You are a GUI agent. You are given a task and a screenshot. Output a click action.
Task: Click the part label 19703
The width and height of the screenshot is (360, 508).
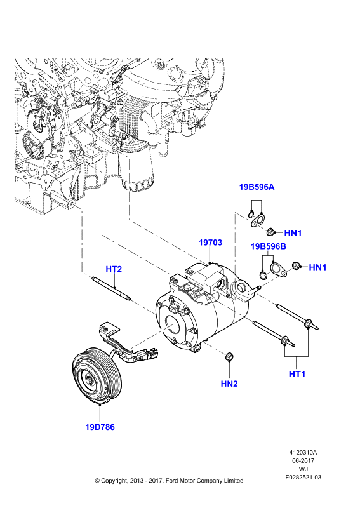click(210, 243)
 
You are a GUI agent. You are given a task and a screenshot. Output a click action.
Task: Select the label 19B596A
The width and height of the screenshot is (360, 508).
click(257, 187)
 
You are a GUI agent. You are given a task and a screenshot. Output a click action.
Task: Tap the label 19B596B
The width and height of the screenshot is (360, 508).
click(269, 246)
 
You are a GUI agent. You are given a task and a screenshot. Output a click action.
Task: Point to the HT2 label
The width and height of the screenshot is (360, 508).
click(114, 269)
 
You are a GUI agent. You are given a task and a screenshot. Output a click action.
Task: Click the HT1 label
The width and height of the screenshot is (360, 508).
click(297, 374)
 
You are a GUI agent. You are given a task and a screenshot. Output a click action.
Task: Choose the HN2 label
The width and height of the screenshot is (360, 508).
click(229, 384)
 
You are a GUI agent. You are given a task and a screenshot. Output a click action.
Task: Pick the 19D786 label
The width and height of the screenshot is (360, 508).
click(100, 427)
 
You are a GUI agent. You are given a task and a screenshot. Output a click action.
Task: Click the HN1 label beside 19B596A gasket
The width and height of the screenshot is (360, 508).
click(293, 232)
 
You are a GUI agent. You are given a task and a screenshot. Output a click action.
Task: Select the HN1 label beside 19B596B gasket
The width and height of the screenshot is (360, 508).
click(317, 267)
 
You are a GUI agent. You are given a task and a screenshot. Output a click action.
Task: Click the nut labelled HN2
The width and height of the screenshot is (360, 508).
click(229, 356)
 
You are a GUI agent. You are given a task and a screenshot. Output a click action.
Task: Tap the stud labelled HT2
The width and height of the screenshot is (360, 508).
click(112, 288)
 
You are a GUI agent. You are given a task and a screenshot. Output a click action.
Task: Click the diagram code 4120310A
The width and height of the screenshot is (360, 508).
click(303, 453)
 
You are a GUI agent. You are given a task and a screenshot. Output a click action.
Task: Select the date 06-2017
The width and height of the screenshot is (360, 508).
click(303, 461)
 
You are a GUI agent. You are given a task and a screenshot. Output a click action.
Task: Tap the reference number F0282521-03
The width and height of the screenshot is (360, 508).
click(303, 478)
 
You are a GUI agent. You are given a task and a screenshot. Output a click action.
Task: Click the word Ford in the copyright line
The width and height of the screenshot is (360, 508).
click(172, 481)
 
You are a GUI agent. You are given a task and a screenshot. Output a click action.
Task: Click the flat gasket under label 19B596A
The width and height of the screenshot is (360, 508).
click(258, 220)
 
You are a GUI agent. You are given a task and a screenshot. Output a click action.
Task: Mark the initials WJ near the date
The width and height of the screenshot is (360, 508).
click(303, 469)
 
